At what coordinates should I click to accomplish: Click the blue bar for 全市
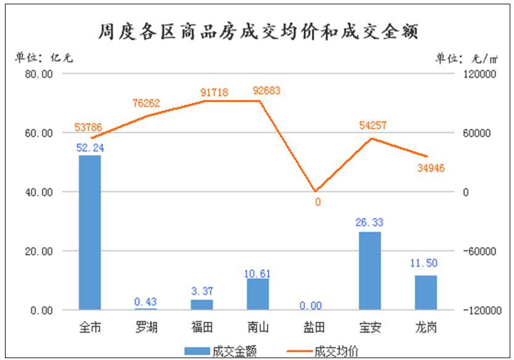[90, 232]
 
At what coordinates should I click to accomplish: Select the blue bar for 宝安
[370, 271]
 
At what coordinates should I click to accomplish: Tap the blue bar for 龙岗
[426, 293]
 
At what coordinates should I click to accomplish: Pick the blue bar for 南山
[258, 294]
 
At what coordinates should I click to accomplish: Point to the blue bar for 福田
[202, 305]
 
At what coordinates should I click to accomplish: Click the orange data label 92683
[266, 91]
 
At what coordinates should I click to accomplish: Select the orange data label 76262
[146, 103]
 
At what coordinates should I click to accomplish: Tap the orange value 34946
[431, 168]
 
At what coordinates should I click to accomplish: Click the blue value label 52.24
[90, 148]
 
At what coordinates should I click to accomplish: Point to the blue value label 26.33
[369, 223]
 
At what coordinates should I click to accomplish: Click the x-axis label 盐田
[314, 327]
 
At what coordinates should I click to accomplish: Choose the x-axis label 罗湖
[146, 327]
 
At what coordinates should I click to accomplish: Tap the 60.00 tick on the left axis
[39, 133]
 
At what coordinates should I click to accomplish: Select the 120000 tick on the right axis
[479, 74]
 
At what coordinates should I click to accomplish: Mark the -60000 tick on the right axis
[479, 252]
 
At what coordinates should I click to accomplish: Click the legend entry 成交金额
[221, 351]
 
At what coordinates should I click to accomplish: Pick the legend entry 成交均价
[322, 351]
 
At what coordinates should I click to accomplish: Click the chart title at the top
[258, 32]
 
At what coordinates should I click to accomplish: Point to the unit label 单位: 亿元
[44, 58]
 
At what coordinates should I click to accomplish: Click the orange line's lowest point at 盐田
[315, 192]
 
